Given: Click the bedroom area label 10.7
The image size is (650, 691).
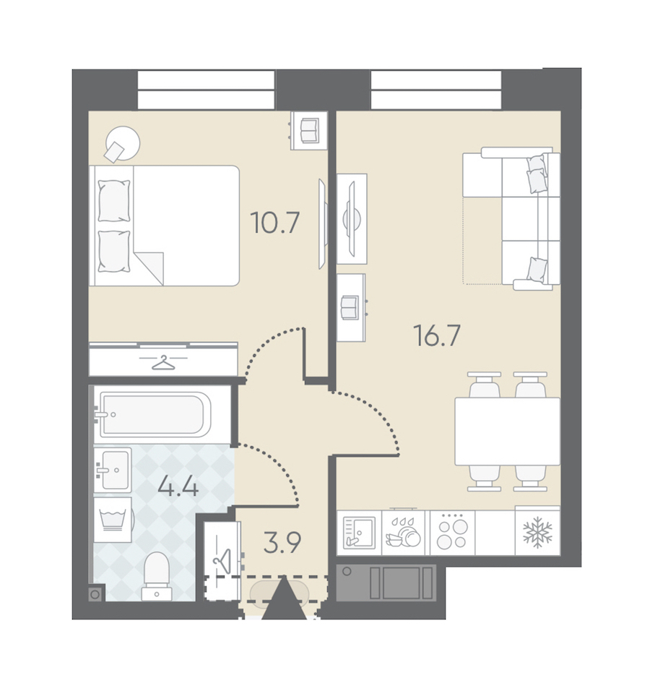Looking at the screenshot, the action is [x=275, y=223].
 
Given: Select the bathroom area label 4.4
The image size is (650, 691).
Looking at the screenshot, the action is [x=178, y=486].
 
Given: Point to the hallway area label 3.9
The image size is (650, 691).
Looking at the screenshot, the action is [x=282, y=543].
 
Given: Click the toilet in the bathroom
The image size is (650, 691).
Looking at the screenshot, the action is [x=157, y=576].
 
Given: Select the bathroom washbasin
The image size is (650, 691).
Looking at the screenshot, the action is [x=113, y=469].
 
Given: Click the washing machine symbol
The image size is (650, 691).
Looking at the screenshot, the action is [x=113, y=520].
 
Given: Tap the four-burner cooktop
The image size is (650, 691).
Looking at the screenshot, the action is [x=452, y=533].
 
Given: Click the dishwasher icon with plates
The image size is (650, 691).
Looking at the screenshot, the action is [x=404, y=533].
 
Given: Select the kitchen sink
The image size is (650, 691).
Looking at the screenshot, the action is [x=360, y=533].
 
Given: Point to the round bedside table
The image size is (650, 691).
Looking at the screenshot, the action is [x=123, y=143].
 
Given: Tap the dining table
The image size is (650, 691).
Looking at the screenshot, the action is [x=507, y=432].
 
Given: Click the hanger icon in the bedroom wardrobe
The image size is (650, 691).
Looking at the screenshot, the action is [x=163, y=363].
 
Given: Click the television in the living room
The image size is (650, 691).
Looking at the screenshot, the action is [x=352, y=218].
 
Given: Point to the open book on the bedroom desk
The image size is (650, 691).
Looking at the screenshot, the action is [x=310, y=130].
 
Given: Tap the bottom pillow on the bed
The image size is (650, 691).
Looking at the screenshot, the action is [x=114, y=252].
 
